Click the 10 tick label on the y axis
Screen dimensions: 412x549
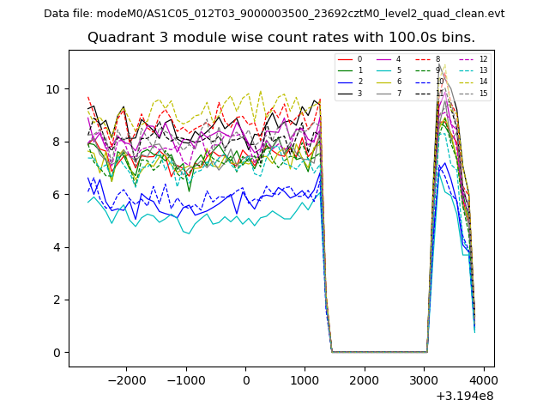53,89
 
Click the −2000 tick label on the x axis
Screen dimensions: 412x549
127,379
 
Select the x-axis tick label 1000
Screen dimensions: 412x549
305,379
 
